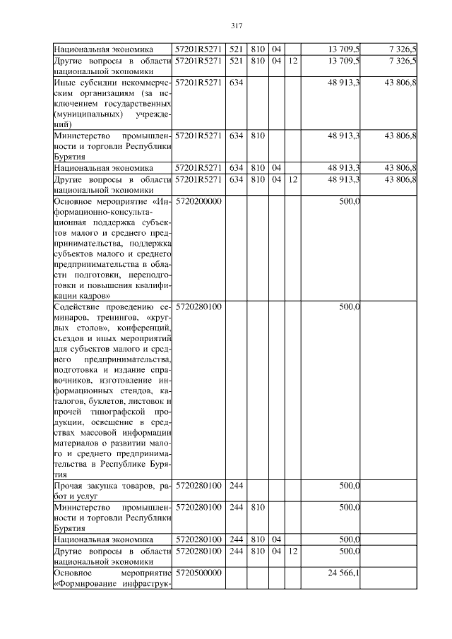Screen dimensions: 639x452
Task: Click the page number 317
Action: click(237, 26)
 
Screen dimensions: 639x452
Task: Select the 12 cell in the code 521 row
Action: click(293, 61)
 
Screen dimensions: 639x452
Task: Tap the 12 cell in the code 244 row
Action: click(293, 551)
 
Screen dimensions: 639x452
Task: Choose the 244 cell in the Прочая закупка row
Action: click(236, 486)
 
